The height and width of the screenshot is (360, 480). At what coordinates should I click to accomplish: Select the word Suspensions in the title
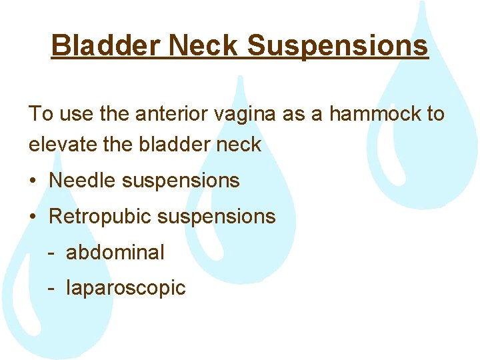tap(337, 45)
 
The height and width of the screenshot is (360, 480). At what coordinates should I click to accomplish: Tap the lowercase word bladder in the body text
tap(174, 145)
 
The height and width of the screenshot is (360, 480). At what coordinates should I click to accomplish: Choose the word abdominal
tap(115, 253)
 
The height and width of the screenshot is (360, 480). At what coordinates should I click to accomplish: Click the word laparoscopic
tap(125, 289)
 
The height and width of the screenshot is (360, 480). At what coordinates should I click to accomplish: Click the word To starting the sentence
tap(39, 114)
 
